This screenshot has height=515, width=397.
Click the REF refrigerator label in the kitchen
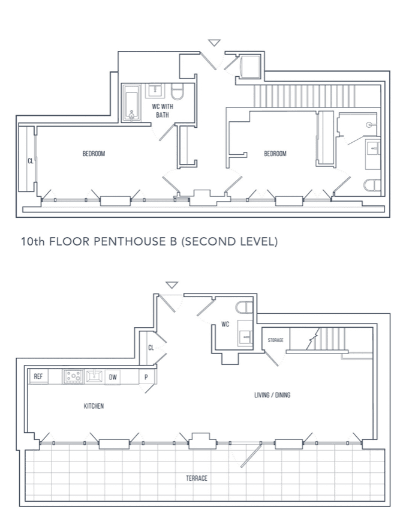pos(38,376)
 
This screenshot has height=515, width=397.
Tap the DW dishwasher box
pos(113,377)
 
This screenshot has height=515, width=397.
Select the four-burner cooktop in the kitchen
pos(73,377)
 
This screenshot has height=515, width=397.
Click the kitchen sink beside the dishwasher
pos(94,376)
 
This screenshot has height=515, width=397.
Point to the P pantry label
pos(146,377)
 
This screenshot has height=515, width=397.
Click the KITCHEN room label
pos(94,406)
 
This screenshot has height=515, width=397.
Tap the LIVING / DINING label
pos(272,395)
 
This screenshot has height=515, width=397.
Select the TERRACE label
pos(197,478)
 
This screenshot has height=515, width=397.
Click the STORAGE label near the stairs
pos(275,340)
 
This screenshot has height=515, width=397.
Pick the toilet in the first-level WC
pos(245,308)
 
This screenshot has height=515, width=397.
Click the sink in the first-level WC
pos(245,336)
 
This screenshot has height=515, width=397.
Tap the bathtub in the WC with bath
pos(131,103)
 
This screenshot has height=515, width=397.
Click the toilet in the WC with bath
pos(178,92)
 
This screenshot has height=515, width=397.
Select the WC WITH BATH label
pos(163,110)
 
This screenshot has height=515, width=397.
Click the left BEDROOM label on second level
pos(94,154)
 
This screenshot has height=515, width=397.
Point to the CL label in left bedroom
pos(31,161)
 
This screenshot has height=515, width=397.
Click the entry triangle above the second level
pos(214,43)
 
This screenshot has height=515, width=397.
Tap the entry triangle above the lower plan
pos(172,285)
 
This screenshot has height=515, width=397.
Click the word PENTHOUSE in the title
pos(130,242)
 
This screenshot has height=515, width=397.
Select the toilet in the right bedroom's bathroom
pos(372,185)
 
